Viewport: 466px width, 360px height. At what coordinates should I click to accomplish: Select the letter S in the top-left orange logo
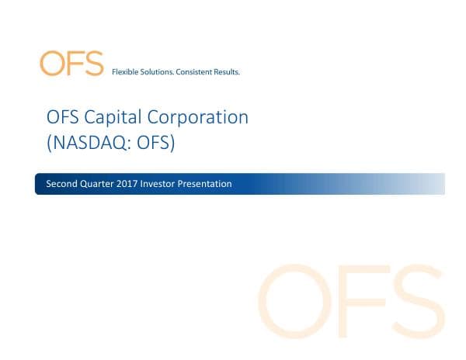pyautogui.click(x=93, y=64)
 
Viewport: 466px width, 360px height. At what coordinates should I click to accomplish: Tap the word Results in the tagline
pyautogui.click(x=228, y=72)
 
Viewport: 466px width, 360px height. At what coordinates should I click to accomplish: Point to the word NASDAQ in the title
pyautogui.click(x=88, y=142)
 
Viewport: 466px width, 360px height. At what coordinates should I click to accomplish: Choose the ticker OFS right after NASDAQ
pyautogui.click(x=148, y=142)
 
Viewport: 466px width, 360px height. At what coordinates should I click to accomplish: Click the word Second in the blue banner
pyautogui.click(x=60, y=184)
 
